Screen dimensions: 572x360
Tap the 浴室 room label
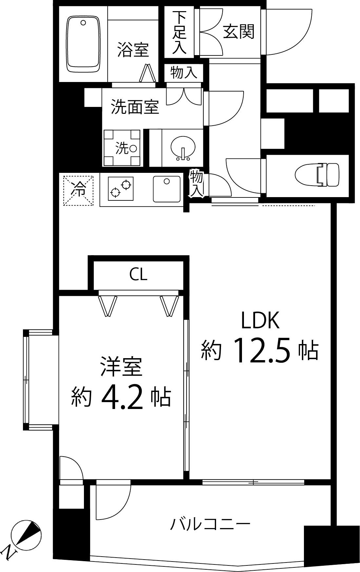pyautogui.click(x=133, y=50)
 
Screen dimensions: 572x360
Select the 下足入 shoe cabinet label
pyautogui.click(x=180, y=32)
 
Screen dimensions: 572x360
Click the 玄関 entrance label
pyautogui.click(x=239, y=32)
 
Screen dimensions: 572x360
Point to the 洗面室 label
pyautogui.click(x=135, y=107)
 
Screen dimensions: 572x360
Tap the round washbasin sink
pyautogui.click(x=183, y=148)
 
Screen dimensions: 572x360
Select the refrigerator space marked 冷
pyautogui.click(x=78, y=191)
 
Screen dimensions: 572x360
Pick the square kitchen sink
pyautogui.click(x=167, y=189)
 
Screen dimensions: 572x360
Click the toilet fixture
pyautogui.click(x=317, y=174)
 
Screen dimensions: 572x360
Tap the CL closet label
pyautogui.click(x=138, y=275)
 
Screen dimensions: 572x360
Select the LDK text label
pyautogui.click(x=260, y=320)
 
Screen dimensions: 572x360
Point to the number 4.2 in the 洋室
pyautogui.click(x=122, y=398)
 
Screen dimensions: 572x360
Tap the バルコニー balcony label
pyautogui.click(x=210, y=524)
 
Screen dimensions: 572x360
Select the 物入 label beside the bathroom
pyautogui.click(x=184, y=72)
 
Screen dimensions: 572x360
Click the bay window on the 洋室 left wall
pyautogui.click(x=27, y=380)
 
